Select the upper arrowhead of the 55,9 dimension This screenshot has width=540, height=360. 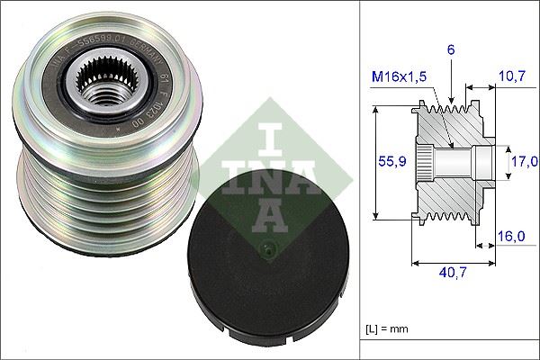(x=373, y=108)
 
